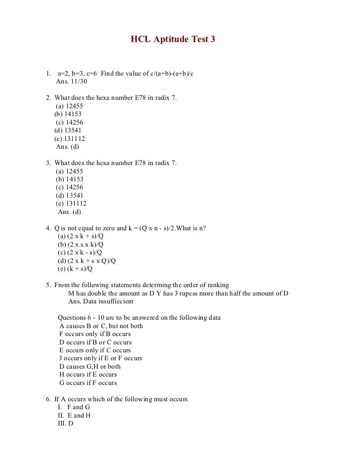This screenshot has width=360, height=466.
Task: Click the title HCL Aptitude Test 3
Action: coord(173,39)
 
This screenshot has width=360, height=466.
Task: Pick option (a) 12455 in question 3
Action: coord(69,171)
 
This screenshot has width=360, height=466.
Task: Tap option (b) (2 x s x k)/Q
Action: coord(81,244)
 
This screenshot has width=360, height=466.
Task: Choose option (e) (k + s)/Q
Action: coord(75,269)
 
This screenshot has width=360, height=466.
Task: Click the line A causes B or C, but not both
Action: coord(101,326)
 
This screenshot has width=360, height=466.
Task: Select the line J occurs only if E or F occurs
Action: coord(100,358)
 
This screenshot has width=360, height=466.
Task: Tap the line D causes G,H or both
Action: coord(90,366)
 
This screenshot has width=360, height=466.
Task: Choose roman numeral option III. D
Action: coord(66,424)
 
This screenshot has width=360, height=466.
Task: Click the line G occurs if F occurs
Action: coord(88,382)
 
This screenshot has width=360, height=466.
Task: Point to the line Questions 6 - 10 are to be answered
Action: coord(139,317)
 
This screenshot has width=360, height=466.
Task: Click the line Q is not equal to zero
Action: coord(130,228)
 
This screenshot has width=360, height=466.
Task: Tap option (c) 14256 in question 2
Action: coord(69,122)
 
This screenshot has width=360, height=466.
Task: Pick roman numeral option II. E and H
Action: coord(75,416)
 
